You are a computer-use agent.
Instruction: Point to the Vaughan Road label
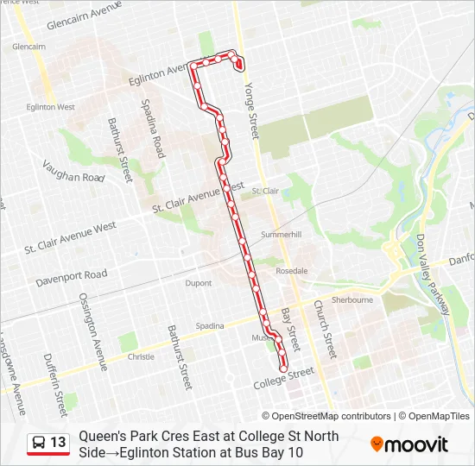77,177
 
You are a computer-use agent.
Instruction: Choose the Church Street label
324,329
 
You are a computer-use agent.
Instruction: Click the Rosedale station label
291,271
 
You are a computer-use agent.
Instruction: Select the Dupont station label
198,282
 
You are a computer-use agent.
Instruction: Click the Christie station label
141,356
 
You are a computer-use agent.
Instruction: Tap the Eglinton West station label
50,107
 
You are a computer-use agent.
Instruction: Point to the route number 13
58,442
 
